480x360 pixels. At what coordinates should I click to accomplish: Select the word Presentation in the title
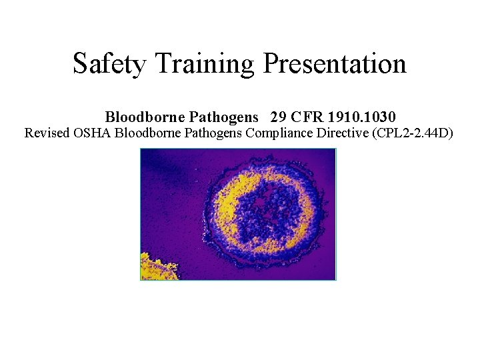coord(335,64)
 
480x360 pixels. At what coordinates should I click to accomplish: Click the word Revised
coord(47,133)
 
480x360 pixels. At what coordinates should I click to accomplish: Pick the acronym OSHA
coord(93,133)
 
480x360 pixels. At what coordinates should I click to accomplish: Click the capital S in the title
coord(80,65)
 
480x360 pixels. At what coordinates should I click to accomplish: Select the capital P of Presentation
coord(271,64)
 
